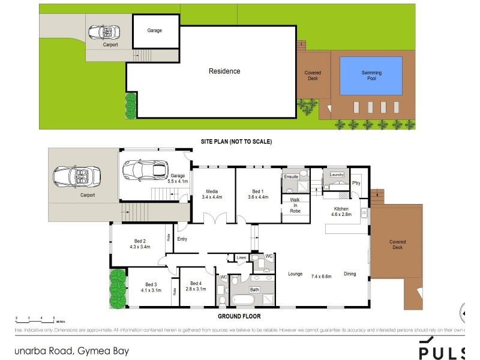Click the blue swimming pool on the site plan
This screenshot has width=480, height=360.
371,76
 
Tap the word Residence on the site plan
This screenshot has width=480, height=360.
224,71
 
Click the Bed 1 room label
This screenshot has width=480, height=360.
257,190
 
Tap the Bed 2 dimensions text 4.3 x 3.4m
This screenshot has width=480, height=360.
139,246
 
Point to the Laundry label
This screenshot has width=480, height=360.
337,175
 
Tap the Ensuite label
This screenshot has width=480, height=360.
291,176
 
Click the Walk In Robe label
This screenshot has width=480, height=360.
295,205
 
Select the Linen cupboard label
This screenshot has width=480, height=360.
241,257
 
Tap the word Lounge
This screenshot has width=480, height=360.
295,274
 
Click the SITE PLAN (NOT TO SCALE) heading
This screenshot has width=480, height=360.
236,142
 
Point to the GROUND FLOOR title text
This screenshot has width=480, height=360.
239,315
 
